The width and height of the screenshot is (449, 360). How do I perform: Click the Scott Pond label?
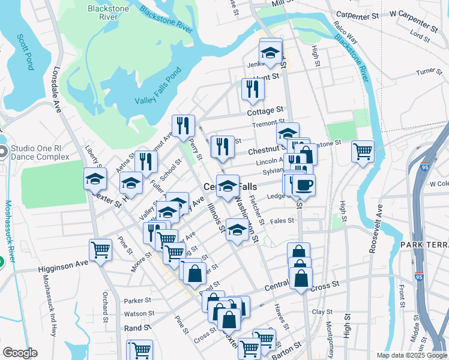(26, 52)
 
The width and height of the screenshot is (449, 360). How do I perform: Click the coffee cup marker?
(303, 185)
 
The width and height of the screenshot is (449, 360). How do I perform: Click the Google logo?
(20, 353)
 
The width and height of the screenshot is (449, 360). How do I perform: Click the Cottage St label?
(265, 111)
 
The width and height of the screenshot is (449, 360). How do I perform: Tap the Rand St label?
(137, 328)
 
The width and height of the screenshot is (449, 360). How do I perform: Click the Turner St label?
(429, 72)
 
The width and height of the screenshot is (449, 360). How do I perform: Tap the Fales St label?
(282, 221)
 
